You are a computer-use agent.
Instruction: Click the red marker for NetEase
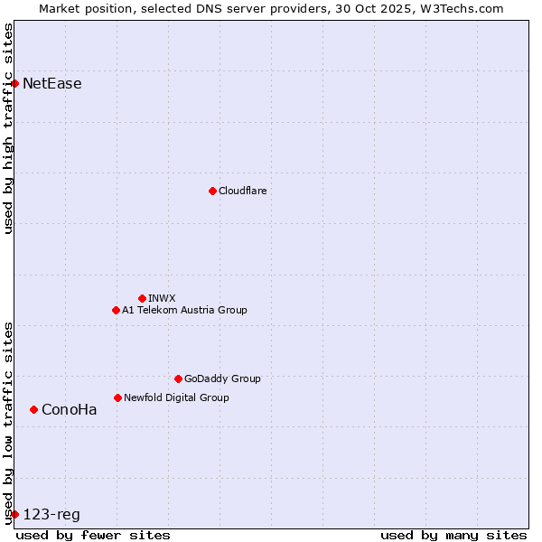14,83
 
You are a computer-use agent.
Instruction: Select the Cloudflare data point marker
212,191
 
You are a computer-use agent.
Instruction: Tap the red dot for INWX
142,298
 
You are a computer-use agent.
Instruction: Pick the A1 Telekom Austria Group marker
116,310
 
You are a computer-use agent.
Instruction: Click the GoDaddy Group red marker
178,378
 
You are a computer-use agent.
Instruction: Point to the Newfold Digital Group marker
117,397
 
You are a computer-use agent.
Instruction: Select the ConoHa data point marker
33,409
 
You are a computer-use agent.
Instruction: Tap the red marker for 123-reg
14,514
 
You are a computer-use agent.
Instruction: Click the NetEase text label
52,84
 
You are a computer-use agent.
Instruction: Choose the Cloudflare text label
242,191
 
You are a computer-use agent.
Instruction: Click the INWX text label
162,298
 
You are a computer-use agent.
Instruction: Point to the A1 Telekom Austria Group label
184,310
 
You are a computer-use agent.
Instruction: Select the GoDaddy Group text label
222,378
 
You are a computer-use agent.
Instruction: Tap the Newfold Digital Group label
176,397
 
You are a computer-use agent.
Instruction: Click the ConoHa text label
70,409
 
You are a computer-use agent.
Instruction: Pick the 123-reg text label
51,515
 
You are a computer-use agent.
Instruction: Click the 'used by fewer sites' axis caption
93,535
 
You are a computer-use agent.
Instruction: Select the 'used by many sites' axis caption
453,535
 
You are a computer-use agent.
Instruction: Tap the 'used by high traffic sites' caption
8,128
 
